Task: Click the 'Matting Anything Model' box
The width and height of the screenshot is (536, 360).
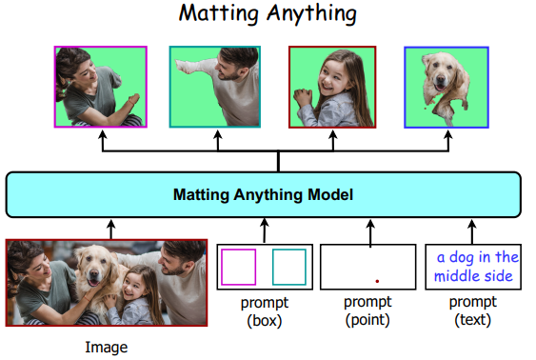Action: (x=263, y=194)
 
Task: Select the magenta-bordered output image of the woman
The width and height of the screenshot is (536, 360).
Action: (x=100, y=87)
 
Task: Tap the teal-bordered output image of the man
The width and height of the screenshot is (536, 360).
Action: (x=216, y=87)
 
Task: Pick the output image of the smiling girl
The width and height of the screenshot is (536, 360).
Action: (x=332, y=87)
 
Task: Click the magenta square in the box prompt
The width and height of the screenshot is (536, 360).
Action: (x=239, y=267)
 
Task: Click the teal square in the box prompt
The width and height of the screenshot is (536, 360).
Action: (x=288, y=267)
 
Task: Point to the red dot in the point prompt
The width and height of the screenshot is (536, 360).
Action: (x=377, y=281)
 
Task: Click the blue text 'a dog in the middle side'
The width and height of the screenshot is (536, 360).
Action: (x=473, y=267)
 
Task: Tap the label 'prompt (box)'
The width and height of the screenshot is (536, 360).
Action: (x=264, y=312)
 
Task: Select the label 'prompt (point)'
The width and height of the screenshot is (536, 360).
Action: (x=368, y=312)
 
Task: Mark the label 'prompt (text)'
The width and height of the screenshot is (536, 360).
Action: (x=473, y=312)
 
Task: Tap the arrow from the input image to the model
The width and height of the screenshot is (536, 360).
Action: (x=110, y=230)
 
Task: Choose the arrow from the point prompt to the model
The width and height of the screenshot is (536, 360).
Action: (x=367, y=231)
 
